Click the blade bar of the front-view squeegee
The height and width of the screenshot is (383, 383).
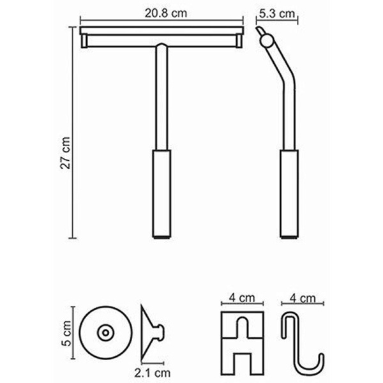point(161,32)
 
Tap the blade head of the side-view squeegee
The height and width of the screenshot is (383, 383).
point(264,38)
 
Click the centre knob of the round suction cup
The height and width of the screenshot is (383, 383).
point(104,331)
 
